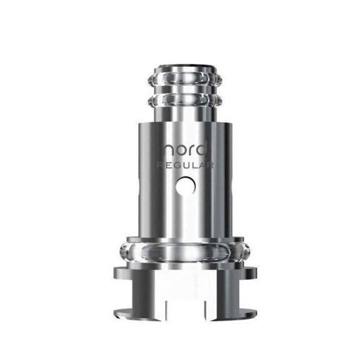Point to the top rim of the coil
click(180, 67)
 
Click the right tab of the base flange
click(244, 273)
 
